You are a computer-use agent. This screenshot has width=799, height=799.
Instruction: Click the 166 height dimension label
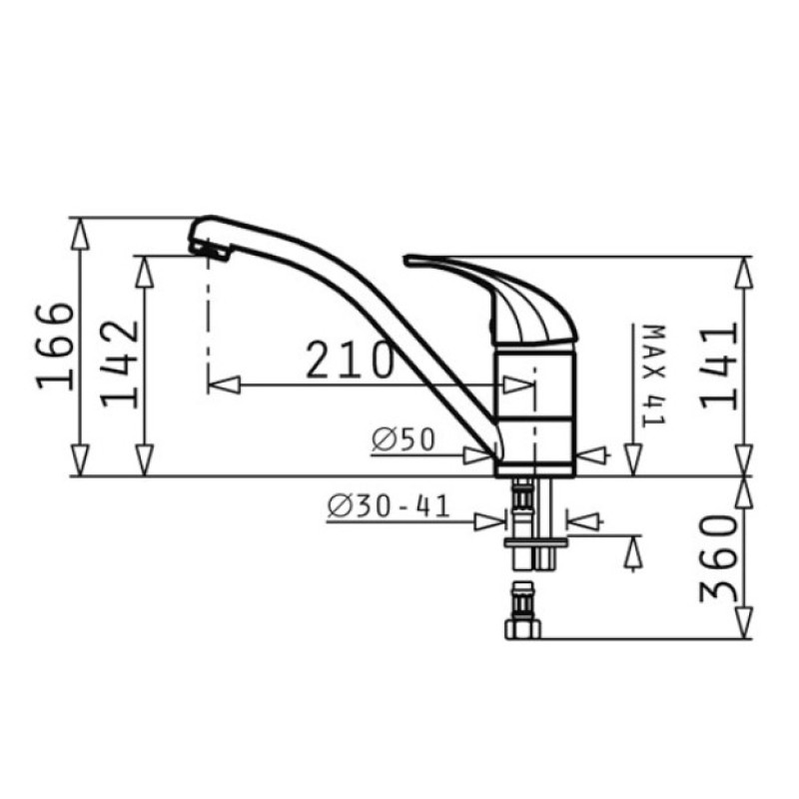click(x=56, y=346)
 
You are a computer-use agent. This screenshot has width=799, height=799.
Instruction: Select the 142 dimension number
click(x=119, y=364)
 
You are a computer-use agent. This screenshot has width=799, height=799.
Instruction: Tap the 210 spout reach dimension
click(x=351, y=360)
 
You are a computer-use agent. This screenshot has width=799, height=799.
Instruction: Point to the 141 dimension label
click(x=718, y=367)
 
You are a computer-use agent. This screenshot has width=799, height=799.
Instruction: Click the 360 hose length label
click(x=718, y=558)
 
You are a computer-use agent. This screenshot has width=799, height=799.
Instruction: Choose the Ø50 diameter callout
click(x=403, y=439)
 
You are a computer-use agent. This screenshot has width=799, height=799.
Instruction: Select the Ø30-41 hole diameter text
click(x=389, y=506)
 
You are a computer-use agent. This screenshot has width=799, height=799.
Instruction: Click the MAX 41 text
click(x=654, y=376)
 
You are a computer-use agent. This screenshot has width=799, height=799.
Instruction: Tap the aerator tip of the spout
click(x=210, y=252)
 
